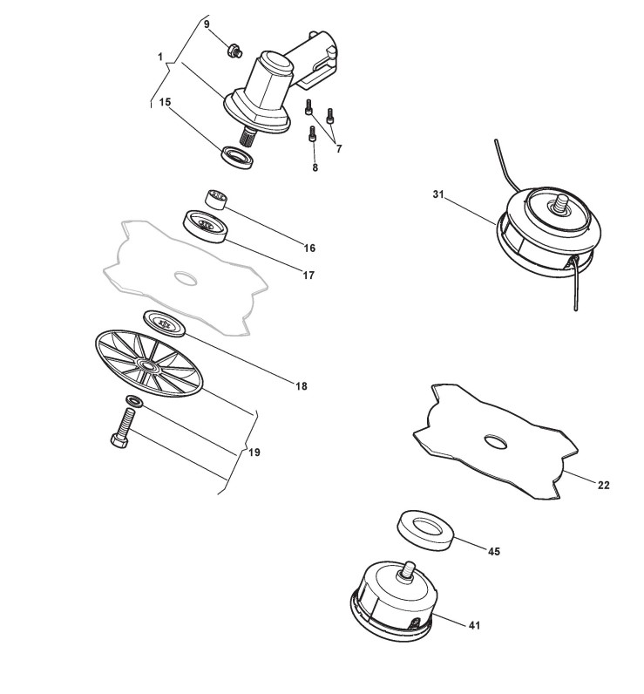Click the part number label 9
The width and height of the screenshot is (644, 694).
pyautogui.click(x=207, y=24)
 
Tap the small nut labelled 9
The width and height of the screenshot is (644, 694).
pyautogui.click(x=233, y=51)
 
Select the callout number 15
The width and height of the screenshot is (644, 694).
pyautogui.click(x=165, y=102)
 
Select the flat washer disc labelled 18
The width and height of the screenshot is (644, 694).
pyautogui.click(x=164, y=321)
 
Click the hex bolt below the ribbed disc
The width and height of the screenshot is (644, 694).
pyautogui.click(x=121, y=426)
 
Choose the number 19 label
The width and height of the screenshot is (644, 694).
pyautogui.click(x=254, y=452)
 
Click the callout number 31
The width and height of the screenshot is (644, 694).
pyautogui.click(x=438, y=194)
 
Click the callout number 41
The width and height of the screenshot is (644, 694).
pyautogui.click(x=474, y=624)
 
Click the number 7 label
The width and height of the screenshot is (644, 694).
pyautogui.click(x=338, y=148)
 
